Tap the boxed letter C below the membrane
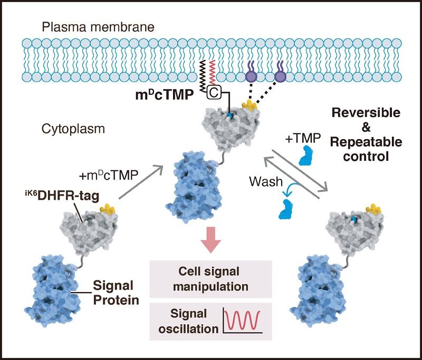(x=214, y=92)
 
